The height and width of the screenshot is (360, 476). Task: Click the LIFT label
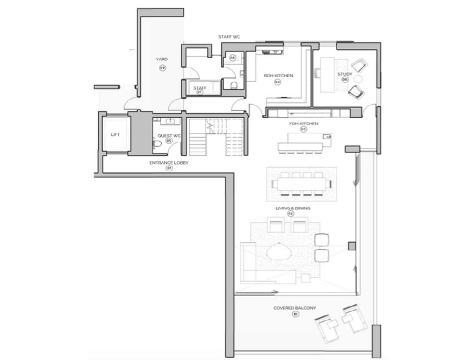pyautogui.click(x=116, y=135)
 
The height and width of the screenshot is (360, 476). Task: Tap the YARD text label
pyautogui.click(x=162, y=59)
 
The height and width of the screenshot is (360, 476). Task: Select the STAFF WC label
pyautogui.click(x=229, y=37)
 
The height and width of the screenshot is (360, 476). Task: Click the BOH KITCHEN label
pyautogui.click(x=278, y=76)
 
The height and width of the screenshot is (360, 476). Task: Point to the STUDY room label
pyautogui.click(x=344, y=74)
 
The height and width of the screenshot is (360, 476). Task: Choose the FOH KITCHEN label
pyautogui.click(x=304, y=124)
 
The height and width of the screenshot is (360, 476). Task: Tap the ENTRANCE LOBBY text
pyautogui.click(x=169, y=162)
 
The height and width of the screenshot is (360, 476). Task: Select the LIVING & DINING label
pyautogui.click(x=291, y=207)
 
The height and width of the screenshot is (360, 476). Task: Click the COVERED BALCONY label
pyautogui.click(x=294, y=308)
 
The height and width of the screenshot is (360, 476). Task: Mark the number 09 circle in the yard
pyautogui.click(x=162, y=67)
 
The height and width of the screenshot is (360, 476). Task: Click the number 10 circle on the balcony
pyautogui.click(x=295, y=314)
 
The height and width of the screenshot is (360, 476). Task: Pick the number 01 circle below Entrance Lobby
pyautogui.click(x=169, y=168)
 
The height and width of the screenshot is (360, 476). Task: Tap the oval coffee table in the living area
pyautogui.click(x=280, y=251)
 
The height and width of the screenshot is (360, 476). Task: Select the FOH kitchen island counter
pyautogui.click(x=304, y=146)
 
